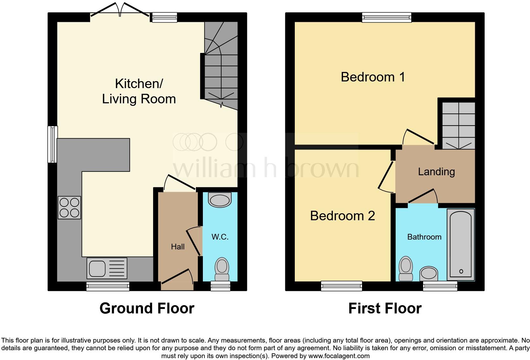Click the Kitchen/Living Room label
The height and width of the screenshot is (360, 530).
click(139, 91)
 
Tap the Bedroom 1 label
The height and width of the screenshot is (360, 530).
click(373, 77)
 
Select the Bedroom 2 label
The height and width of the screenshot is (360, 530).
click(342, 216)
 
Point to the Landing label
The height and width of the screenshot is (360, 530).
click(436, 171)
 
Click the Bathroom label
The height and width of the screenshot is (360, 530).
click(424, 237)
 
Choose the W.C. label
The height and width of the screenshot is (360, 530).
click(220, 237)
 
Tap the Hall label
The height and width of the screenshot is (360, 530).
click(178, 247)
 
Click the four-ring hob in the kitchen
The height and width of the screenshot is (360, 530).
click(69, 208)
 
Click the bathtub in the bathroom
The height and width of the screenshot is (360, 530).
click(461, 244)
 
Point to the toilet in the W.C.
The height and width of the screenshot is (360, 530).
click(222, 269)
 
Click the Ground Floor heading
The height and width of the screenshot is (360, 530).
click(147, 308)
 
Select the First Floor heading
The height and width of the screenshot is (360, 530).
click(385, 308)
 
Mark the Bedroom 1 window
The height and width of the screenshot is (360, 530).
click(387, 17)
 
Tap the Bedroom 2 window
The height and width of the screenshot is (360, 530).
click(341, 286)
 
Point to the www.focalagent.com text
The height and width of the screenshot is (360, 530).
click(339, 356)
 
